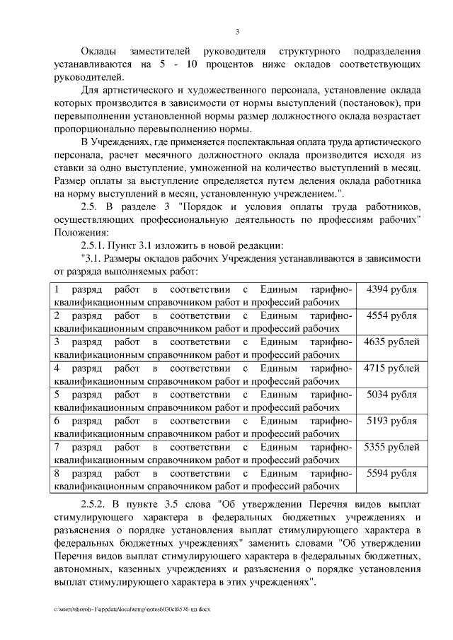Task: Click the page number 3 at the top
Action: tap(237, 31)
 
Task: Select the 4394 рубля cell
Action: tap(391, 289)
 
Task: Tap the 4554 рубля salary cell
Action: tap(391, 315)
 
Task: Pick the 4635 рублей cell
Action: tap(391, 342)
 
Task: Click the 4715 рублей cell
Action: tap(391, 368)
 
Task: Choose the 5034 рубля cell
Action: tap(391, 394)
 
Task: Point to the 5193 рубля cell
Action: tap(391, 420)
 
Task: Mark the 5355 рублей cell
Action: tap(391, 447)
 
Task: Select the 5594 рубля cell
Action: tap(391, 473)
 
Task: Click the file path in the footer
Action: tap(131, 608)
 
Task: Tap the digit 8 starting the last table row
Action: tap(57, 473)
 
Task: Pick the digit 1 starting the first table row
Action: tap(57, 289)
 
